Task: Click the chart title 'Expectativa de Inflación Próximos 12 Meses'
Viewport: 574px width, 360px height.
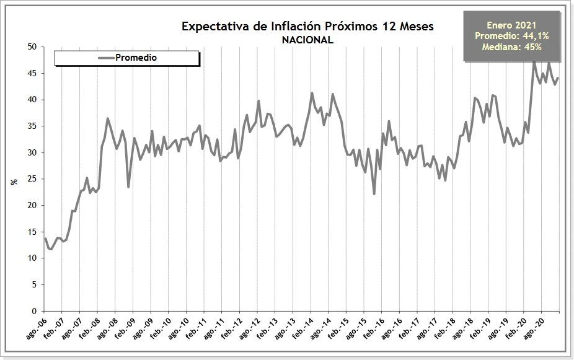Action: click(x=307, y=26)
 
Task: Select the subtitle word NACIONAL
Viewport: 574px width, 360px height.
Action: click(x=307, y=40)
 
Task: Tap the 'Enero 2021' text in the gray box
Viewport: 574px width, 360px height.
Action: click(x=512, y=25)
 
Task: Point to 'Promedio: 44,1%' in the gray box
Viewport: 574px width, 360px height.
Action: click(x=512, y=36)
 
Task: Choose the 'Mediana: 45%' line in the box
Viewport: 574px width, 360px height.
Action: click(x=512, y=46)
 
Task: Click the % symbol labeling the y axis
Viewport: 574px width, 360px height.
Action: click(x=14, y=182)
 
